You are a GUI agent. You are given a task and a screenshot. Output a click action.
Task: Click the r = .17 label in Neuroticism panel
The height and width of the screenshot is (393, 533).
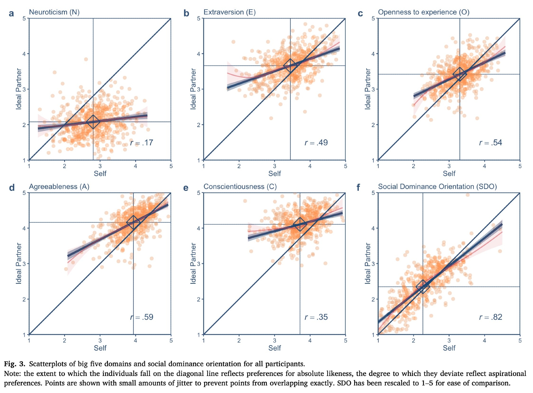[x=142, y=143]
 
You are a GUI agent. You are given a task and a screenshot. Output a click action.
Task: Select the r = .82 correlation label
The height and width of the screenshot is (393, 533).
[x=491, y=317]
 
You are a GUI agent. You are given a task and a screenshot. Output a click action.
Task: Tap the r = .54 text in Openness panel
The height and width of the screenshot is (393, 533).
[x=491, y=143]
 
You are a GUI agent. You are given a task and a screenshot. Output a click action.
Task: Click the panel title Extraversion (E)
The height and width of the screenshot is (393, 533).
[x=229, y=12]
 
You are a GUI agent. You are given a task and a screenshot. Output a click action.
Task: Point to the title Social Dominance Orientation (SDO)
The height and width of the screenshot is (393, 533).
[x=437, y=187]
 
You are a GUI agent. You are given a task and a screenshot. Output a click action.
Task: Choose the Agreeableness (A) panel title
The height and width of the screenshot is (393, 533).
[x=59, y=187]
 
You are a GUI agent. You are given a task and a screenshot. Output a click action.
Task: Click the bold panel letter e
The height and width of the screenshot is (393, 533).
[x=186, y=188]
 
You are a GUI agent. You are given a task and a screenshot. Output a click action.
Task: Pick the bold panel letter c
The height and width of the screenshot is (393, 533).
[x=360, y=13]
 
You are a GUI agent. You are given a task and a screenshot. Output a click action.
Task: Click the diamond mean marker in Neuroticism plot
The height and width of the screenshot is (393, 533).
[x=93, y=122]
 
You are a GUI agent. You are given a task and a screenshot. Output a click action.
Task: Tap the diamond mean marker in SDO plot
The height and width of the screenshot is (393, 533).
[x=423, y=287]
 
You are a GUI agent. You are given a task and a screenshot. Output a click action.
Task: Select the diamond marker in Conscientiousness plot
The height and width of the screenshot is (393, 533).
[x=300, y=224]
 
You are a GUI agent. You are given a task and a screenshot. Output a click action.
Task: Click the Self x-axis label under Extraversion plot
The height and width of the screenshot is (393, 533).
[x=274, y=174]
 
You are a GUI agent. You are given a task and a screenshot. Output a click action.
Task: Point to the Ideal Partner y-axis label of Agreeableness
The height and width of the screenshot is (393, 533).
[x=19, y=263]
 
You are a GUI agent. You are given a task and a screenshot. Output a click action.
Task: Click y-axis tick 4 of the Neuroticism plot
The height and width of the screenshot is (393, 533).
[x=24, y=54]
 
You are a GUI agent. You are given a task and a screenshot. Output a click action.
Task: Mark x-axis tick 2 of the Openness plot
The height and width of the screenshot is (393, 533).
[x=413, y=166]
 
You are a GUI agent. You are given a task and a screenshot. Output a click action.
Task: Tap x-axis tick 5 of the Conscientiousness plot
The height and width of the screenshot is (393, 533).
[x=345, y=341]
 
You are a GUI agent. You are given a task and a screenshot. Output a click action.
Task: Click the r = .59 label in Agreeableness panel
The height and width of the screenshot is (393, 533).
[x=142, y=317]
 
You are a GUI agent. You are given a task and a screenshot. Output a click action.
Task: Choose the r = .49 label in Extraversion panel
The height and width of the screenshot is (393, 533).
[x=316, y=143]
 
